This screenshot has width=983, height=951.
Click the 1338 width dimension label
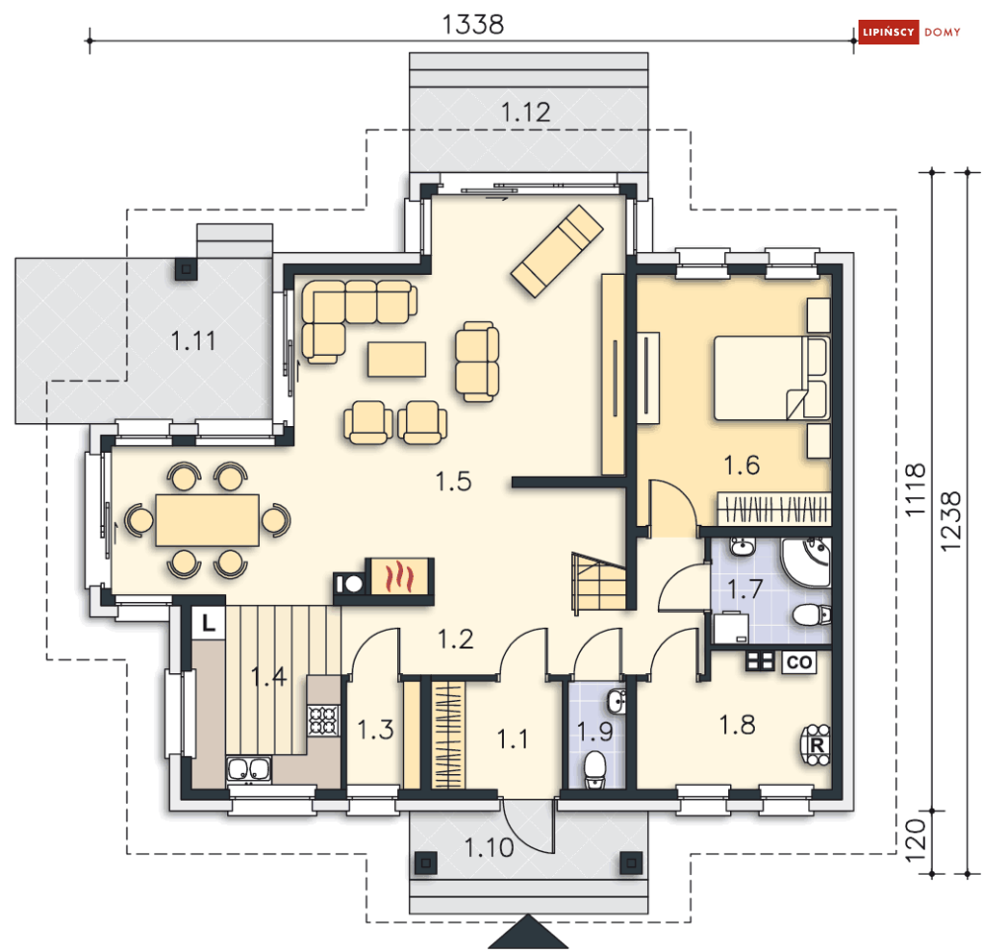[x=472, y=25]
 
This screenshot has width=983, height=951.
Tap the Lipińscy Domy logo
[x=910, y=32]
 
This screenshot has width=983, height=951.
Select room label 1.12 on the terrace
[x=526, y=113]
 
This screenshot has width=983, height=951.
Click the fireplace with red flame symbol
[x=399, y=576]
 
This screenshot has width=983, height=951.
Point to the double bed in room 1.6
[x=773, y=378]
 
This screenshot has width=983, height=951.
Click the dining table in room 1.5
[x=207, y=520]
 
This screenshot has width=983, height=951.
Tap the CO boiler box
[x=799, y=661]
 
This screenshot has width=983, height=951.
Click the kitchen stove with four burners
[x=323, y=720]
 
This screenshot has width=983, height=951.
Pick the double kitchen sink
[x=249, y=769]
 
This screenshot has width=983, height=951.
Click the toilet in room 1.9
[x=595, y=769]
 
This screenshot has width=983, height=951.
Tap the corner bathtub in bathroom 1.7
[x=806, y=562]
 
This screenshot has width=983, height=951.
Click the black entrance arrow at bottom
[x=528, y=931]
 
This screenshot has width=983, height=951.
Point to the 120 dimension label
[x=916, y=840]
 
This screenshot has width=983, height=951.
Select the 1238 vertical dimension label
[x=950, y=522]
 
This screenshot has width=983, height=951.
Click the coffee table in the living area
[x=397, y=359]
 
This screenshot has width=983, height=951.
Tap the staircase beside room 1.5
[x=600, y=581]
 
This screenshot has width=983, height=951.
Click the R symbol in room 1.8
[x=816, y=745]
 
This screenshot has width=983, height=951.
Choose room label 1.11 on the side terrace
[x=193, y=341]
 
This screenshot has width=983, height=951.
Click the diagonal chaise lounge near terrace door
[x=556, y=250]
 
